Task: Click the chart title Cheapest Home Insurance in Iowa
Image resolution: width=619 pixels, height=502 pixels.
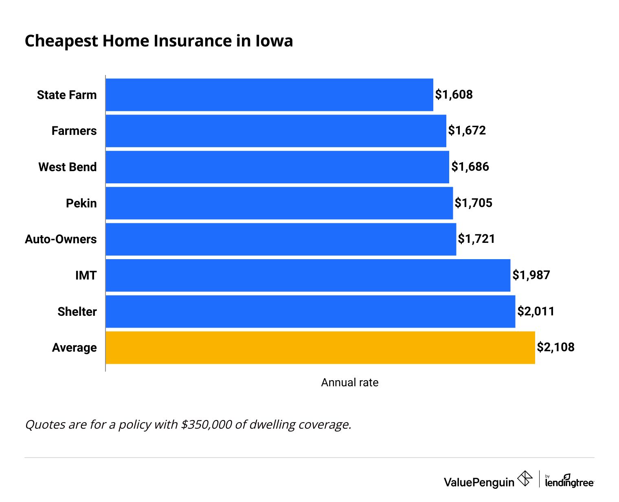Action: click(159, 41)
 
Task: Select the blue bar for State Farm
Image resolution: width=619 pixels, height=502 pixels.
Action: click(269, 95)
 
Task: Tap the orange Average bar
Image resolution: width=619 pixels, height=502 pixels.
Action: click(320, 348)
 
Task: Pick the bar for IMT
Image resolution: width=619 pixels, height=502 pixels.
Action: click(308, 275)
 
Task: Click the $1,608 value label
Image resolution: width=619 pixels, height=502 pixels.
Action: click(454, 95)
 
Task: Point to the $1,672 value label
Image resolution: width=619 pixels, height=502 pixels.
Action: click(467, 130)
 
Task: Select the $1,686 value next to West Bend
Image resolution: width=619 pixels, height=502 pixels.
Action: click(470, 167)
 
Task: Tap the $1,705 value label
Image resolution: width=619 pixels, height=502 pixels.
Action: click(473, 203)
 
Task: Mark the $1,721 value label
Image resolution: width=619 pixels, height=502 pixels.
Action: click(476, 239)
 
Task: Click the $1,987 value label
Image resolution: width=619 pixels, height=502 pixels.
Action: click(531, 275)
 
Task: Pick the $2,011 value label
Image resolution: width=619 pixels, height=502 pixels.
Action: click(536, 311)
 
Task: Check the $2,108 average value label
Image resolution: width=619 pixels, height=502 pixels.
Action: click(555, 347)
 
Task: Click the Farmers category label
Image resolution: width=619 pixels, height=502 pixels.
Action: click(74, 131)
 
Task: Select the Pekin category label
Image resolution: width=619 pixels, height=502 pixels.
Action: click(81, 203)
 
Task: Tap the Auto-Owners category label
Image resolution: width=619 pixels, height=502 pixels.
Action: click(61, 239)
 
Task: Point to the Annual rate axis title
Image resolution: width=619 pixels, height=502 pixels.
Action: click(349, 383)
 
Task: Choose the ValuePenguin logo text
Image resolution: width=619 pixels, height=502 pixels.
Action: click(479, 482)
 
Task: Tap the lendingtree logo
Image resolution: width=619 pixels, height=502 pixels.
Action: click(569, 481)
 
